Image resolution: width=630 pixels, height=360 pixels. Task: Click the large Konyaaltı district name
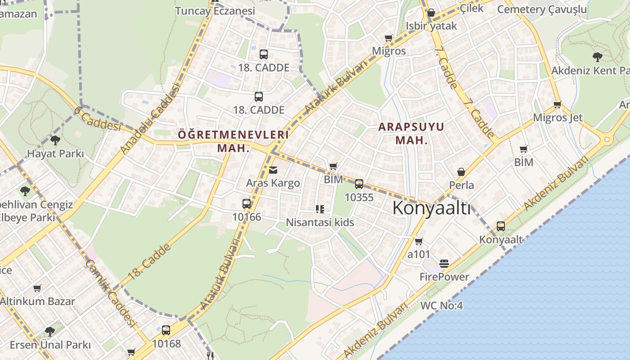click(432, 208)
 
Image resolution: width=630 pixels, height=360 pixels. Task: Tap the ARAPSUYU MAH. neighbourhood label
click(411, 133)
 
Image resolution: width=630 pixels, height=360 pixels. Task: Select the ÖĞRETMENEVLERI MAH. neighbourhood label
click(233, 141)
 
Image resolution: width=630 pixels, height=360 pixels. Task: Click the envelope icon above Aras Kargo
click(273, 170)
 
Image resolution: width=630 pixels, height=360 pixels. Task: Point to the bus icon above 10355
click(359, 184)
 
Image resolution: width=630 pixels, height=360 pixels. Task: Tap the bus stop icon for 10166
click(247, 203)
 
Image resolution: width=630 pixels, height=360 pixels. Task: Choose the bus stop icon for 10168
click(166, 330)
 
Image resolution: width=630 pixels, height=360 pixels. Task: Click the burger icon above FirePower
click(444, 263)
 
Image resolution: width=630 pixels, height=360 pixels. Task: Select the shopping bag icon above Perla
click(461, 172)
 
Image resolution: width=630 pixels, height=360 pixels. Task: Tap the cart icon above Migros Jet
click(557, 105)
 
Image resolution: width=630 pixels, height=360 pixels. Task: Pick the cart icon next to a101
click(419, 241)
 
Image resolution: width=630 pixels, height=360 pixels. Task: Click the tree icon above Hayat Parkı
click(55, 140)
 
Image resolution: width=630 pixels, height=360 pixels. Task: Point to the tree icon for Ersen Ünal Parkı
click(50, 332)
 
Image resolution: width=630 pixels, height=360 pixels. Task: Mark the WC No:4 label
click(441, 306)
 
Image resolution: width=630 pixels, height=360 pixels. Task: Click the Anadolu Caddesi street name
click(150, 118)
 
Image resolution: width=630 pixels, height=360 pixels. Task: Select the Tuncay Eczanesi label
click(215, 11)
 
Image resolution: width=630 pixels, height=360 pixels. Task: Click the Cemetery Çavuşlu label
click(542, 9)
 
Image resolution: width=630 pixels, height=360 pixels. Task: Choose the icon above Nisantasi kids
click(319, 209)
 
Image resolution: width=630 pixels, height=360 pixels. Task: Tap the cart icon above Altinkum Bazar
click(37, 288)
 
